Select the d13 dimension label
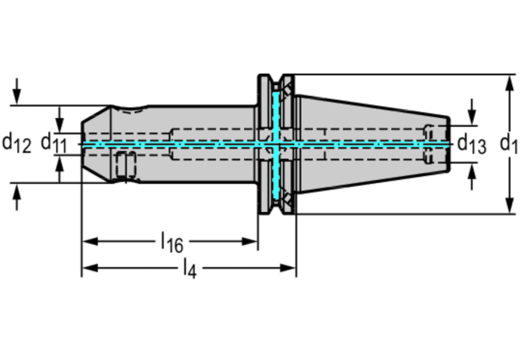click(x=471, y=144)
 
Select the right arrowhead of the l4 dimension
click(x=290, y=268)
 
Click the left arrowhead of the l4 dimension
click(x=88, y=268)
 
